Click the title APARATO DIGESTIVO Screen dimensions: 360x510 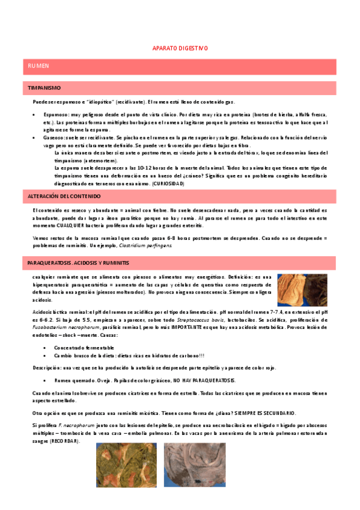coord(180,48)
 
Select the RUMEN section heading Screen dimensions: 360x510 coord(38,64)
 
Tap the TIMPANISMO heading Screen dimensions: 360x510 coord(44,88)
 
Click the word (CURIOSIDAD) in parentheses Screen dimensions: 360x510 coord(168,183)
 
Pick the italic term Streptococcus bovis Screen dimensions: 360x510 coord(204,320)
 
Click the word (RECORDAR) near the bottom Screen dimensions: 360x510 coord(66,441)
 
